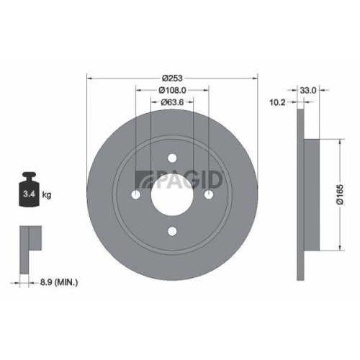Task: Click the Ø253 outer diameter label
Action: pos(172,77)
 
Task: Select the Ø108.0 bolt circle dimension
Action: pos(172,90)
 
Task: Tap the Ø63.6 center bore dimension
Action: pos(172,103)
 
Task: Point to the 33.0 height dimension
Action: pos(309,90)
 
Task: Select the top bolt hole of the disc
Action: pos(172,158)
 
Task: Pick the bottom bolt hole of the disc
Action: pos(172,231)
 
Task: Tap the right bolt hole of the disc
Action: pos(209,195)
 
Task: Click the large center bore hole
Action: pos(172,195)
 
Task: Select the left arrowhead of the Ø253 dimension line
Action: pos(89,77)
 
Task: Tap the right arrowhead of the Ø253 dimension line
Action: pos(255,77)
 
